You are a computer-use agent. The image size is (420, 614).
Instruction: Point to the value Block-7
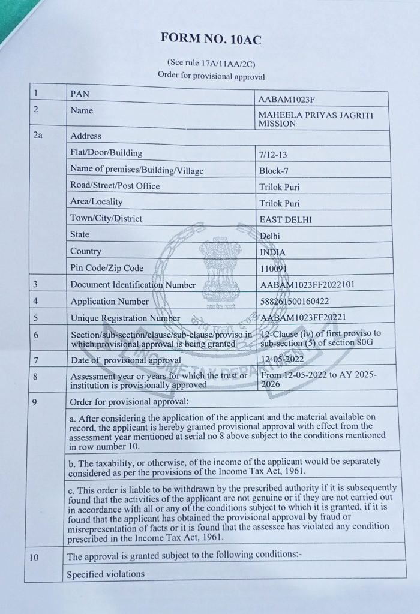pyautogui.click(x=274, y=170)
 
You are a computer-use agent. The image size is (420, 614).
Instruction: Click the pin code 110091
pyautogui.click(x=277, y=269)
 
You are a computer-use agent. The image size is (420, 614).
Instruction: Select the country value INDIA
pyautogui.click(x=273, y=252)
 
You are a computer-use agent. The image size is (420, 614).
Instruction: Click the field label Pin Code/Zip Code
pyautogui.click(x=107, y=267)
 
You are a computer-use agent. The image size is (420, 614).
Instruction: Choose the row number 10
pyautogui.click(x=34, y=557)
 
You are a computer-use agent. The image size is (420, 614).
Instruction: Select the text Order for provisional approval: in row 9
pyautogui.click(x=129, y=401)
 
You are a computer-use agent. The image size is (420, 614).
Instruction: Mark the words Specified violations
pyautogui.click(x=106, y=574)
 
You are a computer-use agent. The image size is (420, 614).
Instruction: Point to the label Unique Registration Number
pyautogui.click(x=125, y=318)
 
